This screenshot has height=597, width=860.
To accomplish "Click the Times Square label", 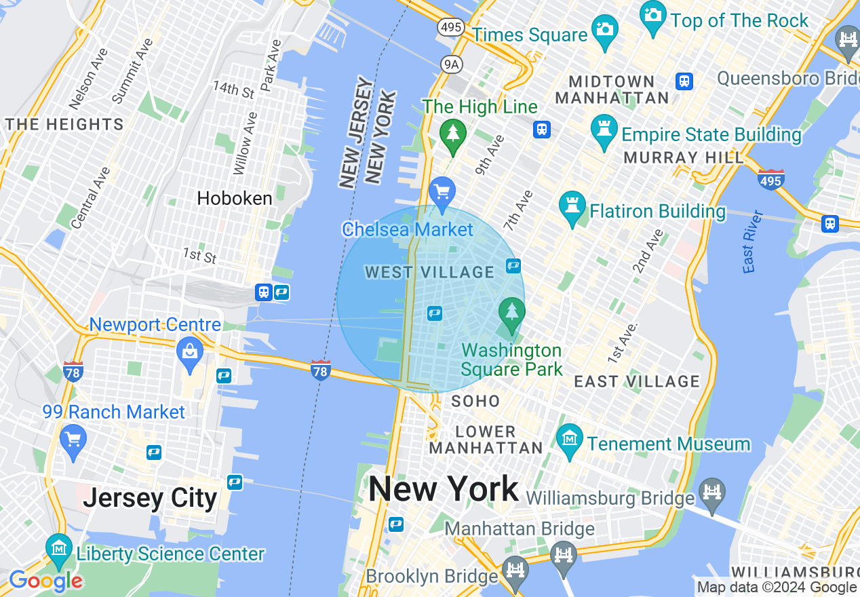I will [x=530, y=35].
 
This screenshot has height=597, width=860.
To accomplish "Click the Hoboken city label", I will [x=235, y=198].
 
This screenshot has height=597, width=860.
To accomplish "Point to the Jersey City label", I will [x=150, y=499].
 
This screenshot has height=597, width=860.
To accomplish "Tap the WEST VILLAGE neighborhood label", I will [x=429, y=273].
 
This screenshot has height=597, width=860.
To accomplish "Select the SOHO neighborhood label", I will [x=475, y=401].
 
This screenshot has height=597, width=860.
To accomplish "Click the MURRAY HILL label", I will [x=684, y=157].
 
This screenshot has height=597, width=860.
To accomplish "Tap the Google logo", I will [x=45, y=581].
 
